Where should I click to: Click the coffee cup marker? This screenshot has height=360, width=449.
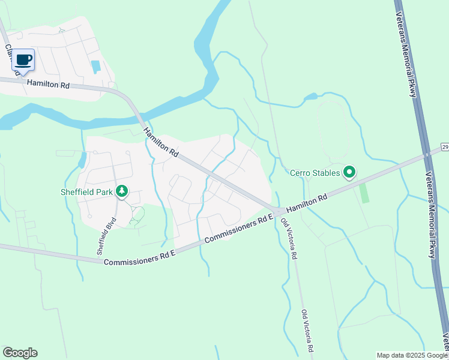point(23,60)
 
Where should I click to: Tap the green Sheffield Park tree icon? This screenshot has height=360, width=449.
point(122,191)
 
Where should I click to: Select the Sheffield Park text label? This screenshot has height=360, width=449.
point(88,192)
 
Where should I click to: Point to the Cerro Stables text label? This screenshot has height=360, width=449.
point(315,173)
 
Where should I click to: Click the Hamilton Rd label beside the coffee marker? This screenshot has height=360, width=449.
point(47,85)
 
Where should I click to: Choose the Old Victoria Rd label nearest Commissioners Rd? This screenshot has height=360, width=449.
point(289,238)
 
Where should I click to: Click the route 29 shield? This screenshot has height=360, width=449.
point(444,146)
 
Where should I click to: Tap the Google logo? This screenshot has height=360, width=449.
point(20,353)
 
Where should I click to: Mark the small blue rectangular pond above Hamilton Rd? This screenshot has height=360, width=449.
point(95,66)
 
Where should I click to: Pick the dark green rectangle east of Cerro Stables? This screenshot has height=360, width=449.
point(363,192)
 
